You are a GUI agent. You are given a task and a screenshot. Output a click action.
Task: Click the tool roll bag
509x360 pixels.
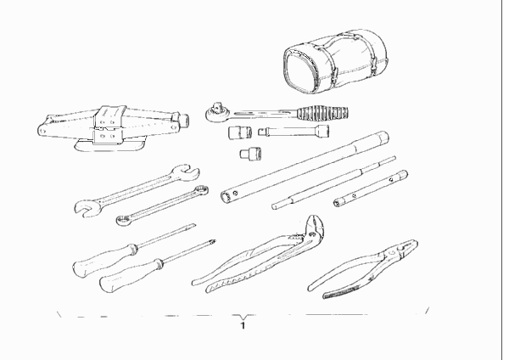pos(336,62)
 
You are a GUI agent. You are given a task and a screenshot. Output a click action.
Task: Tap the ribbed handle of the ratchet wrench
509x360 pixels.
pos(323,112)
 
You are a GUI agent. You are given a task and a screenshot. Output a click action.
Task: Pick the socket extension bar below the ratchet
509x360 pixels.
pos(294,131)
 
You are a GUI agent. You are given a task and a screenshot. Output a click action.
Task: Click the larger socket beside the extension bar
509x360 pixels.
pos(240,132)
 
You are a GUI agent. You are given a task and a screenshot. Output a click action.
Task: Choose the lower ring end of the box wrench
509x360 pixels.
pos(123,220)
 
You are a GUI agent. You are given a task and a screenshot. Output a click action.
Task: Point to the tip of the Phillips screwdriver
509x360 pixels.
pos(215,241)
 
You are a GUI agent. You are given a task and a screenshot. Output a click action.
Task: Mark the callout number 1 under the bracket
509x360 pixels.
pos(243,325)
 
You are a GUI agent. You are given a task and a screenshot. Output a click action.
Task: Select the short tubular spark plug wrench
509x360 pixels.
pos(371,188)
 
